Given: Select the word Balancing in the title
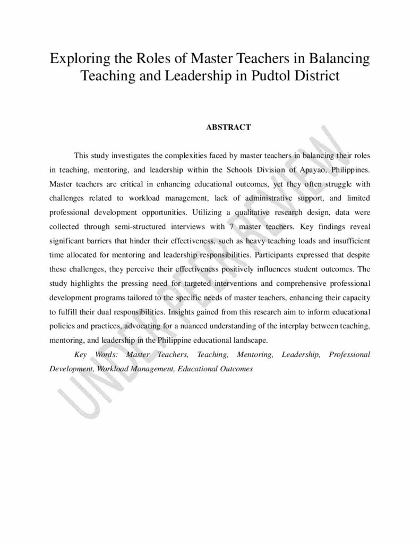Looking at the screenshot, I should click(x=342, y=58).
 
